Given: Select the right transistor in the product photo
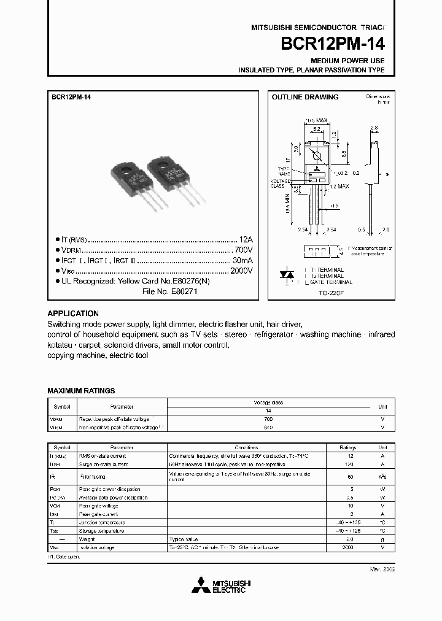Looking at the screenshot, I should (x=171, y=174).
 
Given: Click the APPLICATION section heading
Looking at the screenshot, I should (x=73, y=313).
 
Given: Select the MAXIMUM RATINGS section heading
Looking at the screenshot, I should (x=81, y=391).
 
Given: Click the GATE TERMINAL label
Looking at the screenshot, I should (x=331, y=282).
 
